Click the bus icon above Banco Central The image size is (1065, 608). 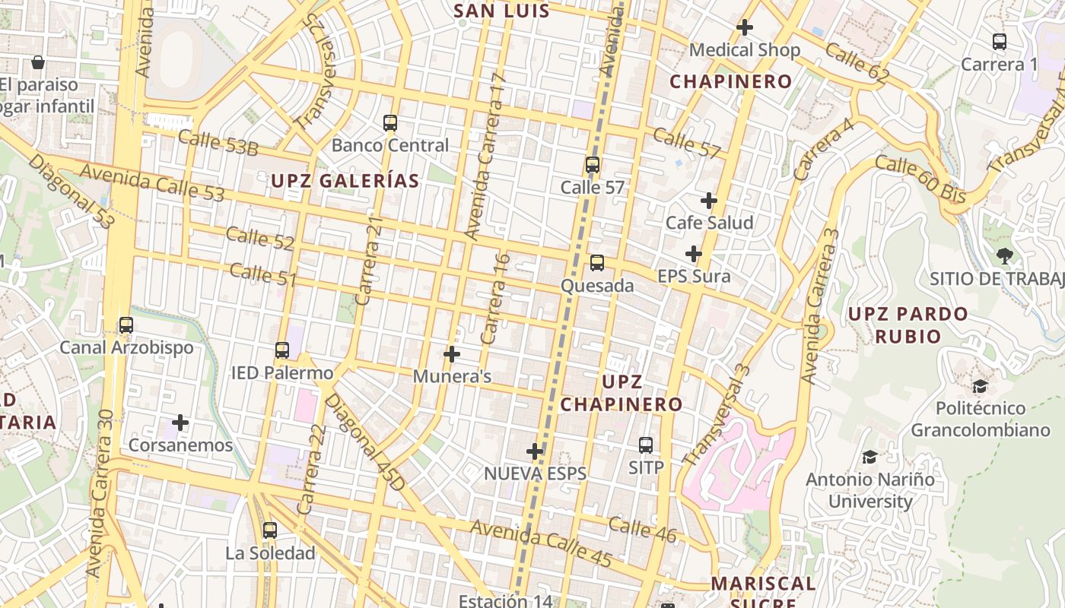pyautogui.click(x=390, y=122)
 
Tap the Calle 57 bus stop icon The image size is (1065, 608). pyautogui.click(x=593, y=164)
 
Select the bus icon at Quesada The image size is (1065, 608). pyautogui.click(x=597, y=263)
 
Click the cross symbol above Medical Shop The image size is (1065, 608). pyautogui.click(x=745, y=27)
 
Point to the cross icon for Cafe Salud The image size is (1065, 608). pyautogui.click(x=709, y=201)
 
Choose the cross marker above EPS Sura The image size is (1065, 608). pyautogui.click(x=693, y=254)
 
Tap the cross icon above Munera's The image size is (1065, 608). pyautogui.click(x=452, y=354)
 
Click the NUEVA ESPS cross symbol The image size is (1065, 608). pyautogui.click(x=535, y=451)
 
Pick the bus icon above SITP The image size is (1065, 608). pyautogui.click(x=646, y=445)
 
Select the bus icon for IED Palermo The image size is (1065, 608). pyautogui.click(x=282, y=350)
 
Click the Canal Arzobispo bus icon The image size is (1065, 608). pyautogui.click(x=126, y=325)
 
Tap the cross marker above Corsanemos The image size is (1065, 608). pyautogui.click(x=180, y=423)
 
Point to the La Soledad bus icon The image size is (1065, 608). pyautogui.click(x=270, y=530)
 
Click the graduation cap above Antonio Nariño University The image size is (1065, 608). pyautogui.click(x=869, y=457)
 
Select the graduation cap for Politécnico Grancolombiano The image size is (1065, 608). pyautogui.click(x=980, y=386)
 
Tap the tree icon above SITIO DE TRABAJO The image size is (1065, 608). pyautogui.click(x=1004, y=256)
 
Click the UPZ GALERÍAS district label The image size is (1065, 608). pyautogui.click(x=345, y=181)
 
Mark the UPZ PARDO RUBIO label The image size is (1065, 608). pyautogui.click(x=908, y=325)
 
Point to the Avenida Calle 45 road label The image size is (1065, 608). pyautogui.click(x=540, y=543)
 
